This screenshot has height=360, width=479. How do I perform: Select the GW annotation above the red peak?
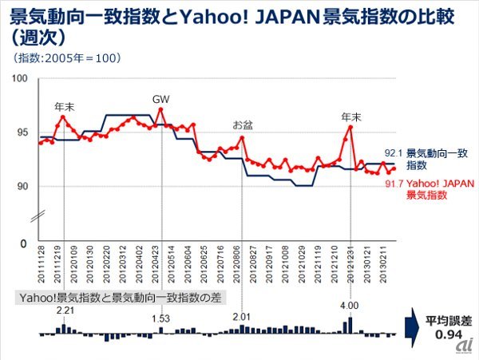161,99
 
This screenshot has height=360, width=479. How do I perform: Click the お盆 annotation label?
241,125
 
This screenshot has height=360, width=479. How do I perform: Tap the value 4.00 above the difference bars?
350,304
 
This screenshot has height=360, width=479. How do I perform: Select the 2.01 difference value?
242,316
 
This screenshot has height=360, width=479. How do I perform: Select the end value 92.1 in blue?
393,152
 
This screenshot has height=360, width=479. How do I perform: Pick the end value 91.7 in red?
393,184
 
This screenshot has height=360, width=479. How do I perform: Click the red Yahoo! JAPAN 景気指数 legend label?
436,189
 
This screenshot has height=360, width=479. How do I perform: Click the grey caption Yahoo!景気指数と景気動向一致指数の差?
120,297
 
